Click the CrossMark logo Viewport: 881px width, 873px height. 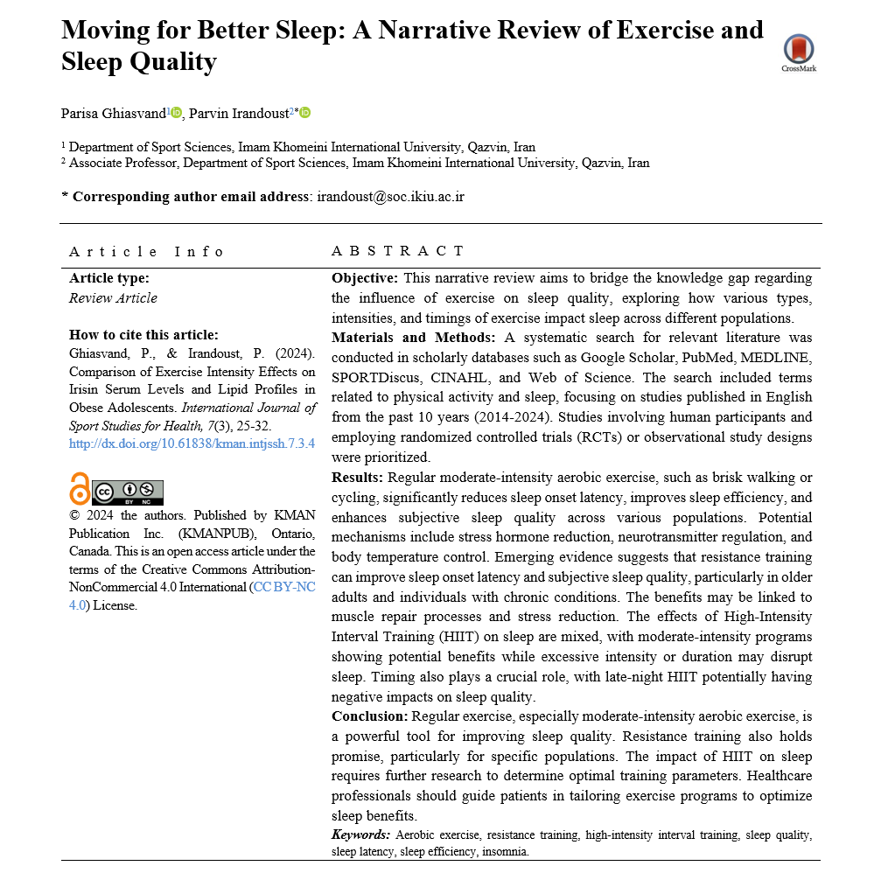(x=798, y=52)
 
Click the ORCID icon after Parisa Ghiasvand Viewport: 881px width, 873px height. (x=177, y=112)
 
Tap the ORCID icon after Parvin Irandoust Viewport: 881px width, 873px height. (x=305, y=112)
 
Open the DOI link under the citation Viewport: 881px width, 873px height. (x=192, y=443)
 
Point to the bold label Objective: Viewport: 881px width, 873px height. (x=365, y=278)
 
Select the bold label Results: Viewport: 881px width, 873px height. (x=357, y=478)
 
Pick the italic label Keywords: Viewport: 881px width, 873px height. (x=360, y=835)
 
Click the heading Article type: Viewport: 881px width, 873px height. (x=109, y=278)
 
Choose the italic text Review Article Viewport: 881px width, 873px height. (x=114, y=298)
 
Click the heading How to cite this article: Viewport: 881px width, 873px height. (x=143, y=334)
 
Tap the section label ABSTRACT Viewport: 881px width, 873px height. (x=398, y=251)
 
